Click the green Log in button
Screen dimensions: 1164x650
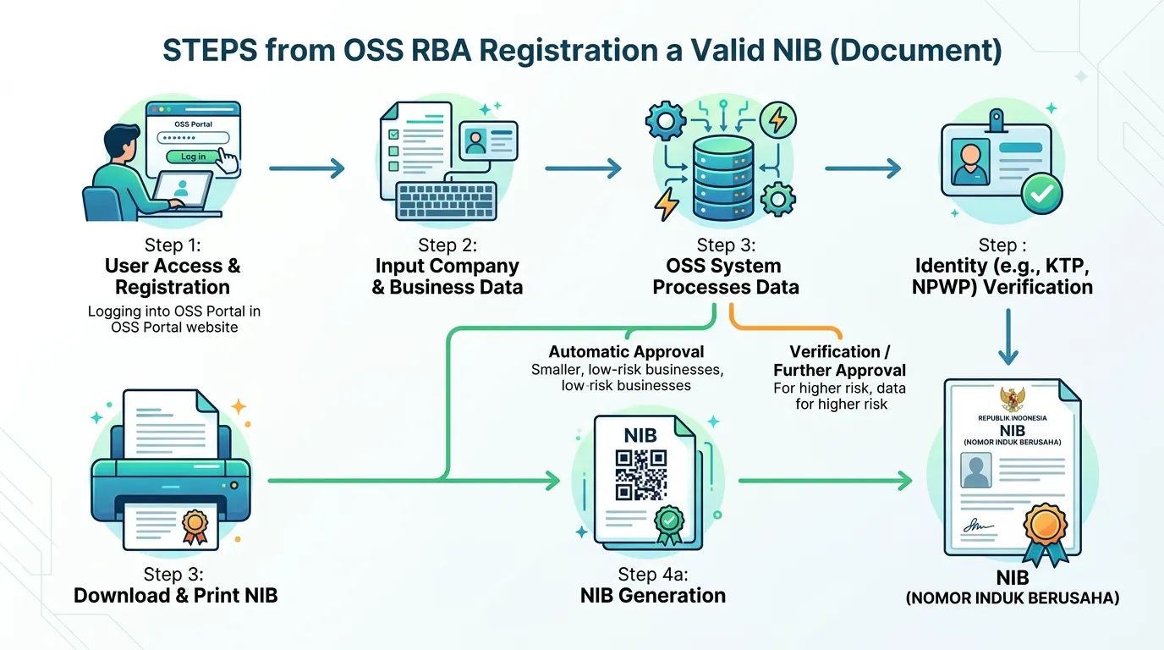[194, 157]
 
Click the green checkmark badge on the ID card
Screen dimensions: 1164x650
[1041, 194]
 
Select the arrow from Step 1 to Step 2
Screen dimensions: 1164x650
[306, 168]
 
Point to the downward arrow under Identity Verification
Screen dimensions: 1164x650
[1008, 337]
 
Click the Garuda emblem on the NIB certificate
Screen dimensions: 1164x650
[1013, 399]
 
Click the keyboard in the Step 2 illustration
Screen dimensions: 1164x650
[446, 201]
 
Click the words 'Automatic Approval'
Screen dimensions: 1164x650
[626, 352]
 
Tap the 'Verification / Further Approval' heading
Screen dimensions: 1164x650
[840, 361]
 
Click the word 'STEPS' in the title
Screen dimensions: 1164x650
[210, 50]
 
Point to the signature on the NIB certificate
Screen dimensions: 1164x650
[978, 526]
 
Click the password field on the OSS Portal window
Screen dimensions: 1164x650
[193, 138]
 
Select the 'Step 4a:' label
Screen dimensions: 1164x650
[653, 574]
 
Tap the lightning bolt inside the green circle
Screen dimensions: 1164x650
[778, 119]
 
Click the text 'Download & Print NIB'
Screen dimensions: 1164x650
[176, 596]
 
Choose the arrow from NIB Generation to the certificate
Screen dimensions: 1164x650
[825, 481]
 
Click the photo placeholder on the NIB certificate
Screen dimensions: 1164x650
[976, 470]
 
